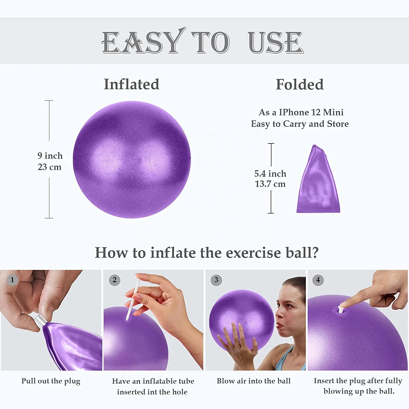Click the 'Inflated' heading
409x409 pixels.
click(x=131, y=84)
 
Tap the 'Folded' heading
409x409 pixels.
click(x=300, y=84)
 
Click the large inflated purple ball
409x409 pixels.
click(x=132, y=160)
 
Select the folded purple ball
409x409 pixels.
click(x=318, y=179)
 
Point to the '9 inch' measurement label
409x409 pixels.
click(x=50, y=156)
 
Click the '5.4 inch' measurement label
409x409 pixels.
click(x=270, y=174)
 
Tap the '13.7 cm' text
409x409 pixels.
click(x=270, y=184)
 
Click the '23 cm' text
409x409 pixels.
click(x=50, y=167)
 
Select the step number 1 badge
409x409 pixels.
click(x=12, y=280)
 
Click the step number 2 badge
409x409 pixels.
click(x=115, y=280)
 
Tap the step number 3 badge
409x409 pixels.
click(x=216, y=280)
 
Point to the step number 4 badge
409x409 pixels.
click(x=318, y=280)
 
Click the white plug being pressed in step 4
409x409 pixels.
click(x=341, y=309)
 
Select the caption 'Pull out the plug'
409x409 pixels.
click(x=51, y=381)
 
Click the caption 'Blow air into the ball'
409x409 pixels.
click(x=254, y=381)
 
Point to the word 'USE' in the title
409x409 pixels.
click(x=276, y=42)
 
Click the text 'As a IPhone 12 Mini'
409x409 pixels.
click(x=301, y=112)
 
